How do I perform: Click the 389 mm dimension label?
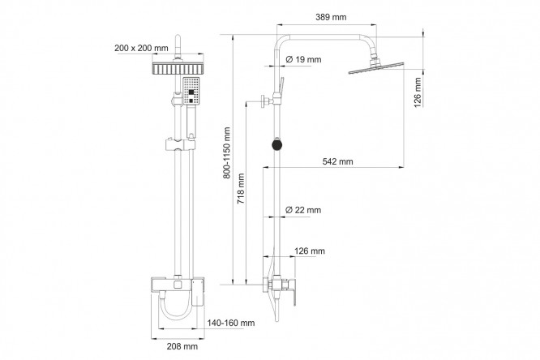pyautogui.click(x=331, y=17)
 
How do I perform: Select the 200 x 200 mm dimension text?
pyautogui.click(x=141, y=48)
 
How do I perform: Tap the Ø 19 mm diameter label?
pyautogui.click(x=303, y=59)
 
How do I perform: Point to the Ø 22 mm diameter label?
pyautogui.click(x=303, y=210)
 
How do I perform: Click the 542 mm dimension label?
pyautogui.click(x=337, y=161)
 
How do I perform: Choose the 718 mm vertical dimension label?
pyautogui.click(x=241, y=188)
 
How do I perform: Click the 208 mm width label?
pyautogui.click(x=182, y=346)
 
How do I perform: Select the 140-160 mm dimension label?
pyautogui.click(x=231, y=323)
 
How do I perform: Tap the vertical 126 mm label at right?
pyautogui.click(x=418, y=92)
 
